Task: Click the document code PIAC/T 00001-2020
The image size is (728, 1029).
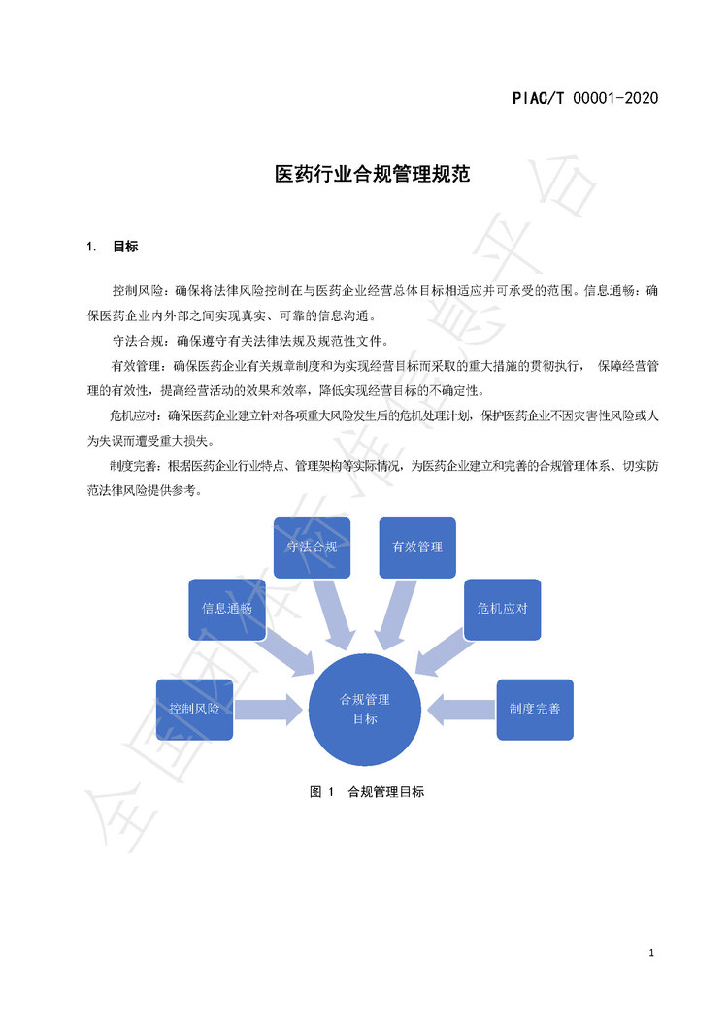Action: click(x=585, y=98)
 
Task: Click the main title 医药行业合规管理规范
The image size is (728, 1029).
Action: click(x=372, y=174)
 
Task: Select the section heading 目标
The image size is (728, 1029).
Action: click(x=125, y=247)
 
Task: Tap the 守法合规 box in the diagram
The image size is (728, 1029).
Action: click(x=312, y=548)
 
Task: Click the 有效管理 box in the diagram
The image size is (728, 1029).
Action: click(x=417, y=548)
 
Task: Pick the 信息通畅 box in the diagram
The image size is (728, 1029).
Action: click(x=227, y=609)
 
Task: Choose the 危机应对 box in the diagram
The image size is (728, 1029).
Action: click(x=502, y=609)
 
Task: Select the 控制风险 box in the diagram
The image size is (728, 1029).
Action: click(x=194, y=710)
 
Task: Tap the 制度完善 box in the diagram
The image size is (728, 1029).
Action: click(x=535, y=710)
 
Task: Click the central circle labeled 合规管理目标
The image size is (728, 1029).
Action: click(x=365, y=710)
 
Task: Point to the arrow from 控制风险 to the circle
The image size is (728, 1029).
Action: click(x=269, y=710)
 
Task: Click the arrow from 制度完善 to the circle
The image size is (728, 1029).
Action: click(x=461, y=710)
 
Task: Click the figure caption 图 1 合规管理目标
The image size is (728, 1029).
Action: click(x=367, y=792)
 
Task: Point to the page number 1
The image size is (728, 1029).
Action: click(x=651, y=953)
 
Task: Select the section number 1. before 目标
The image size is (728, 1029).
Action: click(x=91, y=247)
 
